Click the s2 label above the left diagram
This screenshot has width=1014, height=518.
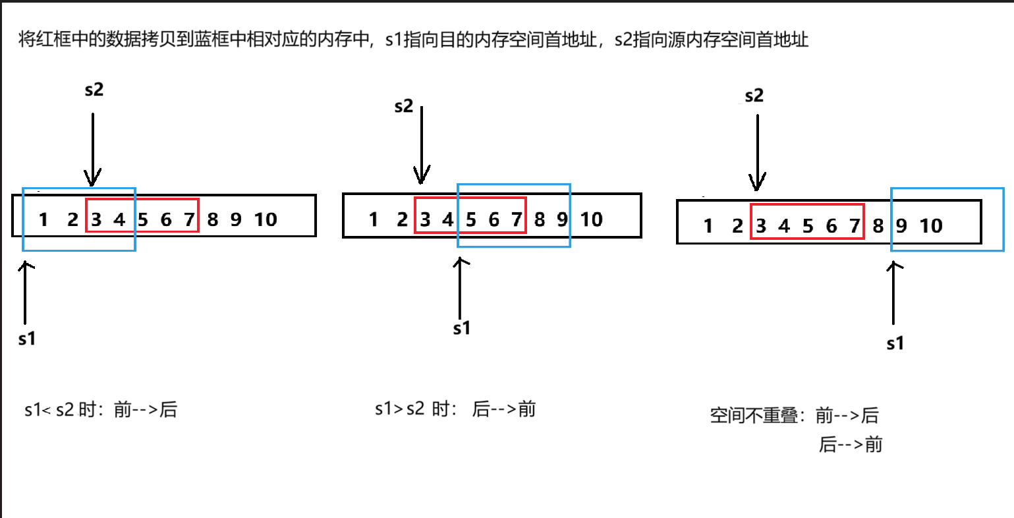pos(94,90)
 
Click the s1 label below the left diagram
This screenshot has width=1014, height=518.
pos(27,339)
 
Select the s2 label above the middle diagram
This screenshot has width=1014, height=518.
pos(403,106)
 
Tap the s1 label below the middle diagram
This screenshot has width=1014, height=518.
pos(462,328)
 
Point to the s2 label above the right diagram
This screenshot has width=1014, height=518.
pos(754,96)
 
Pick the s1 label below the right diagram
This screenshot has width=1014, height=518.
pos(895,343)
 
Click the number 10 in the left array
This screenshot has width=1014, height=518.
pos(266,219)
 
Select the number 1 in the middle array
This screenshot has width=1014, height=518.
pos(374,219)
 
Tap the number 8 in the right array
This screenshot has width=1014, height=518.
pos(878,227)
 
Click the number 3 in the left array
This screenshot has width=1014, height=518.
pos(96,219)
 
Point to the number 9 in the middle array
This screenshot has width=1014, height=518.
pos(562,219)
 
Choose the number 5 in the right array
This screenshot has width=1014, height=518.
pos(808,227)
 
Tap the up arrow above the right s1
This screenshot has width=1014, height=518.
pos(894,293)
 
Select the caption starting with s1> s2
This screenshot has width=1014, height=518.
pos(455,409)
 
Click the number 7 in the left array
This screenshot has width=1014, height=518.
pos(189,219)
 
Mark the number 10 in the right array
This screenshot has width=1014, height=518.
pos(931,227)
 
